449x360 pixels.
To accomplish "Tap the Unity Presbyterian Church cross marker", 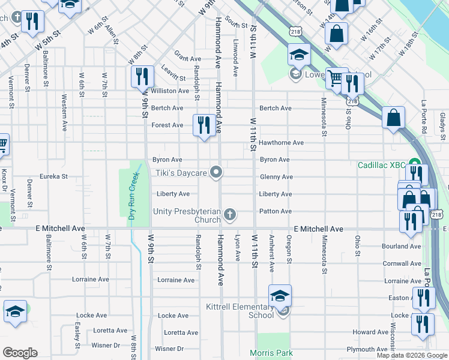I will tap(229, 215).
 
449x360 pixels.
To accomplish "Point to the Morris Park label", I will tap(272, 353).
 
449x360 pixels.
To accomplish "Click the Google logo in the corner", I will tap(20, 353).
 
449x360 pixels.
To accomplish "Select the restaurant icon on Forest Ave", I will tap(203, 125).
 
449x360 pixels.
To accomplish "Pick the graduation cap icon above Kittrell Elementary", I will tap(280, 295).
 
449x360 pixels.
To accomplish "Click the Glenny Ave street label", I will tap(276, 177).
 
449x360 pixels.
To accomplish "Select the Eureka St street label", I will tap(53, 177).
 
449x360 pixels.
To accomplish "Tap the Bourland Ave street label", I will tap(402, 247).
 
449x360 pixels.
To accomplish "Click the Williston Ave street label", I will tap(170, 91).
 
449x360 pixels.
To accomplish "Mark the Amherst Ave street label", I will tap(272, 253).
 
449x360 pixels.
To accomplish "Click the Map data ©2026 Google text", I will tap(411, 355).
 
